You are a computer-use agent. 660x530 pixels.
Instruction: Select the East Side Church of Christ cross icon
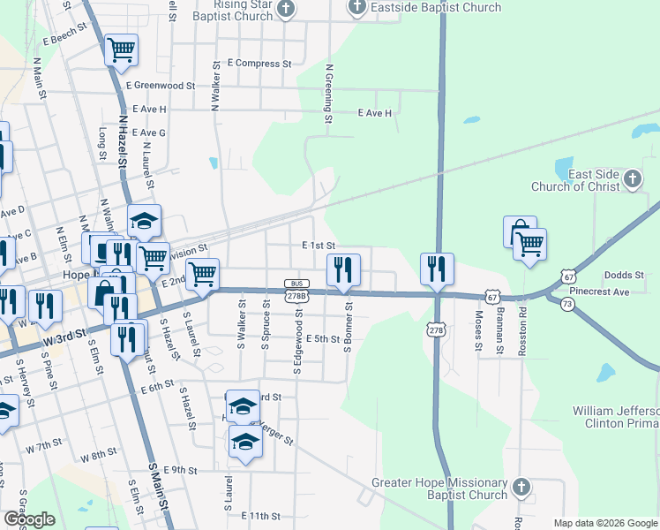(632, 180)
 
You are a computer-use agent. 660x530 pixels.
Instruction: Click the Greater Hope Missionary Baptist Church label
(439, 489)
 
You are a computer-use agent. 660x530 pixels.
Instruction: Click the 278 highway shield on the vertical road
(436, 330)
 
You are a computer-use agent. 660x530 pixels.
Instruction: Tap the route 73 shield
(566, 303)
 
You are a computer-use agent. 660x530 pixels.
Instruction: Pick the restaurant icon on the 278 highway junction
(437, 269)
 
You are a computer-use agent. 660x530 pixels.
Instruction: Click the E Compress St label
(259, 64)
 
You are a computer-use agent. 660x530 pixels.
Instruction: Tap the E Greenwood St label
(160, 86)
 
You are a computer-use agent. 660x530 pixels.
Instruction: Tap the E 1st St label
(319, 245)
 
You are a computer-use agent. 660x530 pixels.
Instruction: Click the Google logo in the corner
(29, 519)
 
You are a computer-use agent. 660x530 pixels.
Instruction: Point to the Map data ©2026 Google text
(606, 523)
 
